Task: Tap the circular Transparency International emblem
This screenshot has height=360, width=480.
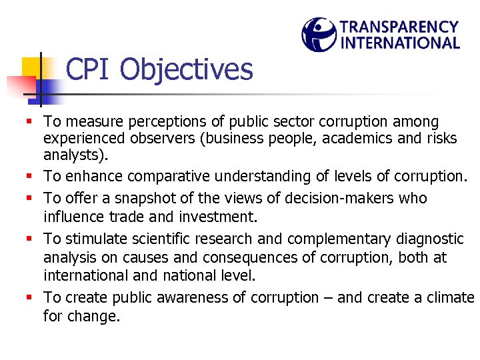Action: (319, 35)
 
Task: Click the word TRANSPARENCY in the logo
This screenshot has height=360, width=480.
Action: (399, 27)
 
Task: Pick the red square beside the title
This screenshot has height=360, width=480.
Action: (20, 86)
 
